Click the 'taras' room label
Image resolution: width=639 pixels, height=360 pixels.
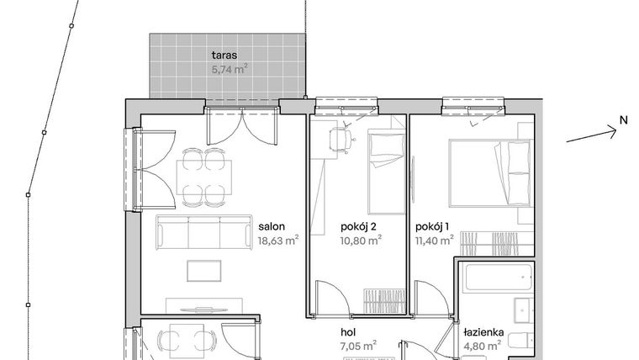pyautogui.click(x=224, y=56)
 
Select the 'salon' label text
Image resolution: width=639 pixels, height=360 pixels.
pyautogui.click(x=271, y=226)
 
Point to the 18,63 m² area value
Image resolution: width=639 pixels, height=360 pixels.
pyautogui.click(x=278, y=240)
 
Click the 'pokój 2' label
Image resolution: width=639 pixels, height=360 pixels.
pyautogui.click(x=359, y=226)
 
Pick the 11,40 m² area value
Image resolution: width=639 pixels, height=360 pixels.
pyautogui.click(x=434, y=240)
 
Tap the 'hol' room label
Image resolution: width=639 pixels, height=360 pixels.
pyautogui.click(x=349, y=331)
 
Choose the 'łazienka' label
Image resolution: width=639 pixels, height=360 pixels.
pyautogui.click(x=483, y=331)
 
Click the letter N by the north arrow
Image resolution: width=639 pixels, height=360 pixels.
pyautogui.click(x=623, y=120)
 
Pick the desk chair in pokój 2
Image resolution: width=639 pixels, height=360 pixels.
pyautogui.click(x=343, y=140)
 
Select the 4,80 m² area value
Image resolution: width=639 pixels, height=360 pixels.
pyautogui.click(x=483, y=344)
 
